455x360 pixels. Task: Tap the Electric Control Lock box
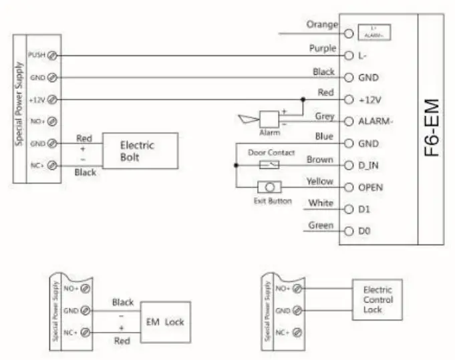pos(377,300)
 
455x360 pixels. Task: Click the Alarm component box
pos(270,118)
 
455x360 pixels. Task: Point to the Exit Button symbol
pos(269,188)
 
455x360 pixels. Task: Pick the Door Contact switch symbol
pos(269,164)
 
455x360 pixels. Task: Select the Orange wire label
pos(321,24)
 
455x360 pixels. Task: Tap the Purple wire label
pos(323,48)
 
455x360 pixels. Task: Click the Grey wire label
pos(324,116)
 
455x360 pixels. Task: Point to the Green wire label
pos(321,226)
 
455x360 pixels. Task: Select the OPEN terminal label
pos(371,188)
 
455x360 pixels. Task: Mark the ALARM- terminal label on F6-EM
pos(375,122)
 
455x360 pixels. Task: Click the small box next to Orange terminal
pos(374,31)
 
